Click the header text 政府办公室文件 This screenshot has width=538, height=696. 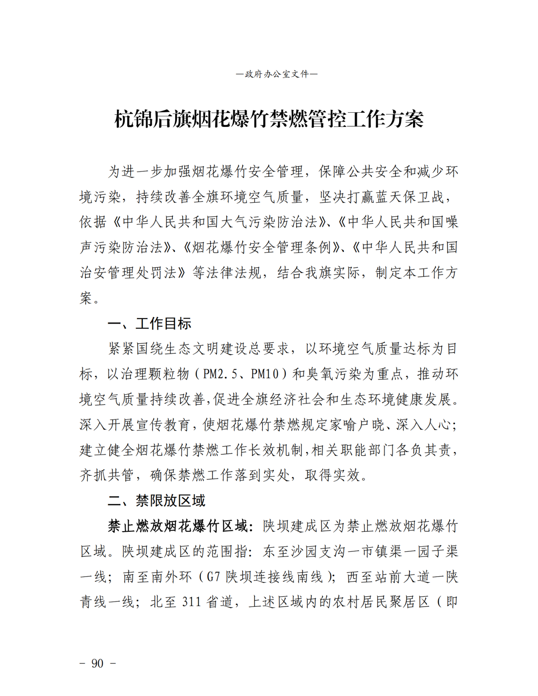coord(277,74)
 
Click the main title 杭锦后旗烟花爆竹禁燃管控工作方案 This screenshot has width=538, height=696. coord(269,119)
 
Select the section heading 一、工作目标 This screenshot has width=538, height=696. coord(150,323)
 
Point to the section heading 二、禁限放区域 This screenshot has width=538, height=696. coord(157,501)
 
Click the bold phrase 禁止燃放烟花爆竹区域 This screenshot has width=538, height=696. coord(177,526)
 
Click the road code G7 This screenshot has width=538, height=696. coord(213,577)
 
